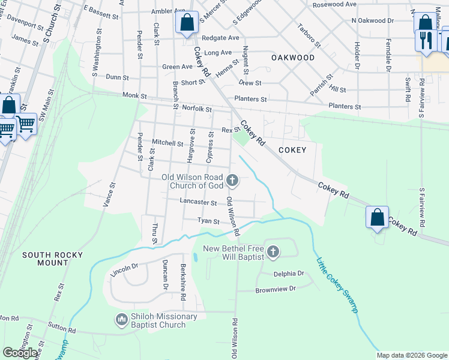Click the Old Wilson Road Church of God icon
click(232, 180)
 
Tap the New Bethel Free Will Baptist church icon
click(273, 251)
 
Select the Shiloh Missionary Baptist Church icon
click(122, 320)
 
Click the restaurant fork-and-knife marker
click(426, 41)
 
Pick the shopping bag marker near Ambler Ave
click(187, 23)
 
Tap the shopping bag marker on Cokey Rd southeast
click(377, 217)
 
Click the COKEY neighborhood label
click(292, 150)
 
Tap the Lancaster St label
click(198, 203)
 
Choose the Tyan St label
click(209, 221)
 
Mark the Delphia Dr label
click(289, 274)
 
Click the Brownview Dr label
click(276, 289)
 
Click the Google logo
click(20, 353)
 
